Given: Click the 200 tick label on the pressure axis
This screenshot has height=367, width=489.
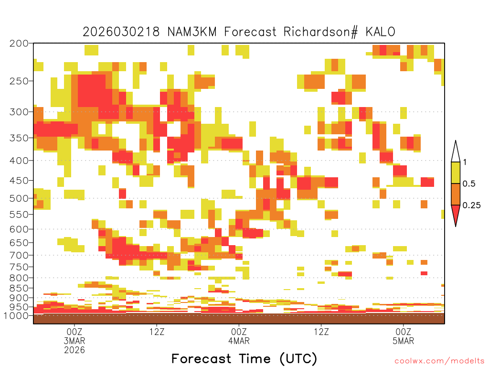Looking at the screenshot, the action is click(x=19, y=43).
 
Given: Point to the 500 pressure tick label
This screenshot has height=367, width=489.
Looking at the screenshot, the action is click(x=19, y=198).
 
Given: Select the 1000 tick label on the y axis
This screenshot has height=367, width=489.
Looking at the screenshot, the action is click(x=16, y=315).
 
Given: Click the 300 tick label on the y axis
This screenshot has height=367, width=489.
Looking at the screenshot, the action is click(x=19, y=112).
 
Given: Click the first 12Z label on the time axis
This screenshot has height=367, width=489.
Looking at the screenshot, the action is click(x=157, y=332).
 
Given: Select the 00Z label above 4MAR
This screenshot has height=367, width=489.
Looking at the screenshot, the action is click(x=239, y=332).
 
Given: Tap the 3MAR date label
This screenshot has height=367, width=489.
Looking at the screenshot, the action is click(x=74, y=340).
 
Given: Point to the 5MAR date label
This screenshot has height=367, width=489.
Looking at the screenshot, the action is click(x=403, y=340).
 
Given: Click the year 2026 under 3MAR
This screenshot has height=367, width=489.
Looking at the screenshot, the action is click(x=74, y=350).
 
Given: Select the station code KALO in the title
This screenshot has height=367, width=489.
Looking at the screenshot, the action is click(x=381, y=32).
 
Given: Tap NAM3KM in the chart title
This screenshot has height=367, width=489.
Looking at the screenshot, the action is click(x=192, y=32).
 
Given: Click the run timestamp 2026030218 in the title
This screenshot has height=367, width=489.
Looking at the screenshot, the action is click(x=121, y=32).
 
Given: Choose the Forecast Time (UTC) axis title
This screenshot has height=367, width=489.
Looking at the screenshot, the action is click(x=244, y=358).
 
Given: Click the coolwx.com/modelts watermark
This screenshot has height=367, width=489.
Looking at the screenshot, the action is click(x=439, y=361).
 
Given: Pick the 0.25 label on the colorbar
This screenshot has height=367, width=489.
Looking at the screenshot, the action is click(x=471, y=205).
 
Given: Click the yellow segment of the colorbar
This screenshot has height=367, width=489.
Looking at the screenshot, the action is click(x=456, y=173).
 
